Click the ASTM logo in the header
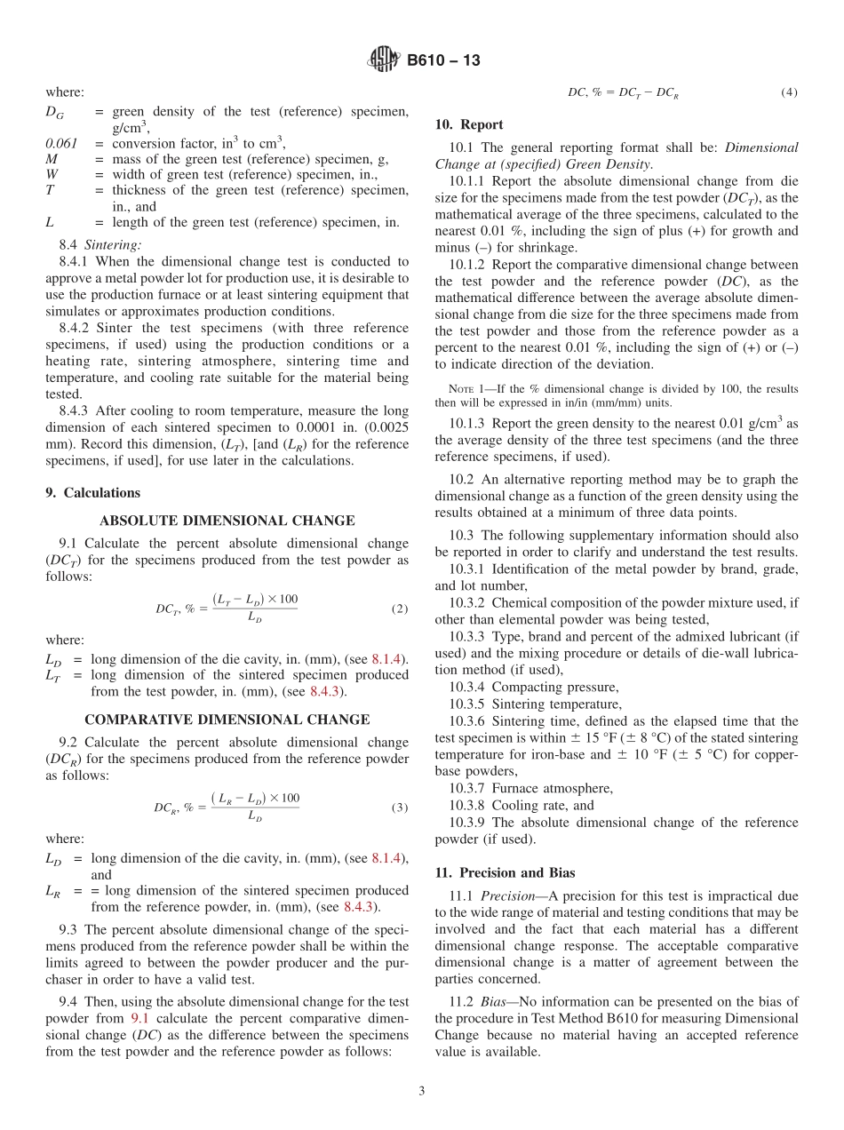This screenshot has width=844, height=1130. click(384, 60)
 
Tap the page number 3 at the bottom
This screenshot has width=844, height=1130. click(422, 1092)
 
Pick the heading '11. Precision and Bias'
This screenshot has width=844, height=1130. click(505, 872)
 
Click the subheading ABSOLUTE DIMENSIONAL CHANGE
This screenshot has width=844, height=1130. click(227, 521)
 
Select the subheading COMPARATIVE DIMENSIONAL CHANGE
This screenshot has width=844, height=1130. click(227, 720)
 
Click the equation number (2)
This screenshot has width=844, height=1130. click(400, 609)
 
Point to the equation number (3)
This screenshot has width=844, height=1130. click(400, 808)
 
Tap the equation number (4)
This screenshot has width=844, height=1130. click(789, 92)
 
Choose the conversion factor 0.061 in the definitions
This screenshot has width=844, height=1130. click(61, 143)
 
